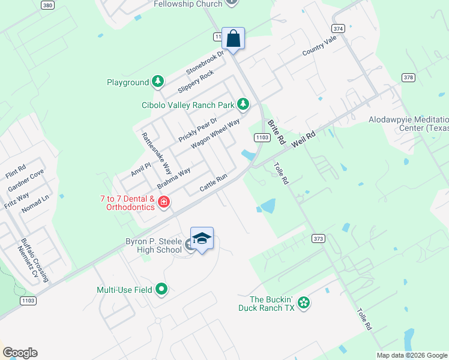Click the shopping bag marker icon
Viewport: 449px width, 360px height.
point(234,39)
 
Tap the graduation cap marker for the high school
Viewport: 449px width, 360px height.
point(202,238)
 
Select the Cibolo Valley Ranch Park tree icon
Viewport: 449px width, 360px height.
point(243,104)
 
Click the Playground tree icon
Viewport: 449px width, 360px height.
point(158,82)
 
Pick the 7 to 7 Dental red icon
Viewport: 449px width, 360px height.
point(164,203)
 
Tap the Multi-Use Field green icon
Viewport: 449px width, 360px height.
point(161,290)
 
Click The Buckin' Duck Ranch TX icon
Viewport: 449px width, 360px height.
point(304,302)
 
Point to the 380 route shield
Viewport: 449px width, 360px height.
point(48,5)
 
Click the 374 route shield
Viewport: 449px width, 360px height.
point(338,28)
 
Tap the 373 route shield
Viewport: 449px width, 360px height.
point(318,238)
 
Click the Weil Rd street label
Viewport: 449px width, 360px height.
point(304,140)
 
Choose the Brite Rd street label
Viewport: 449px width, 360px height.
point(276,131)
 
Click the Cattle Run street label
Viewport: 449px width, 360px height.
point(214,184)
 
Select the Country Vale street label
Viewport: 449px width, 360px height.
point(319,46)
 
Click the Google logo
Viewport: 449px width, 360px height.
point(20,353)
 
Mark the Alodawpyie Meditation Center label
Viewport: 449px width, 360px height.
point(408,124)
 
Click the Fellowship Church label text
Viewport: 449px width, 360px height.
point(188,4)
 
